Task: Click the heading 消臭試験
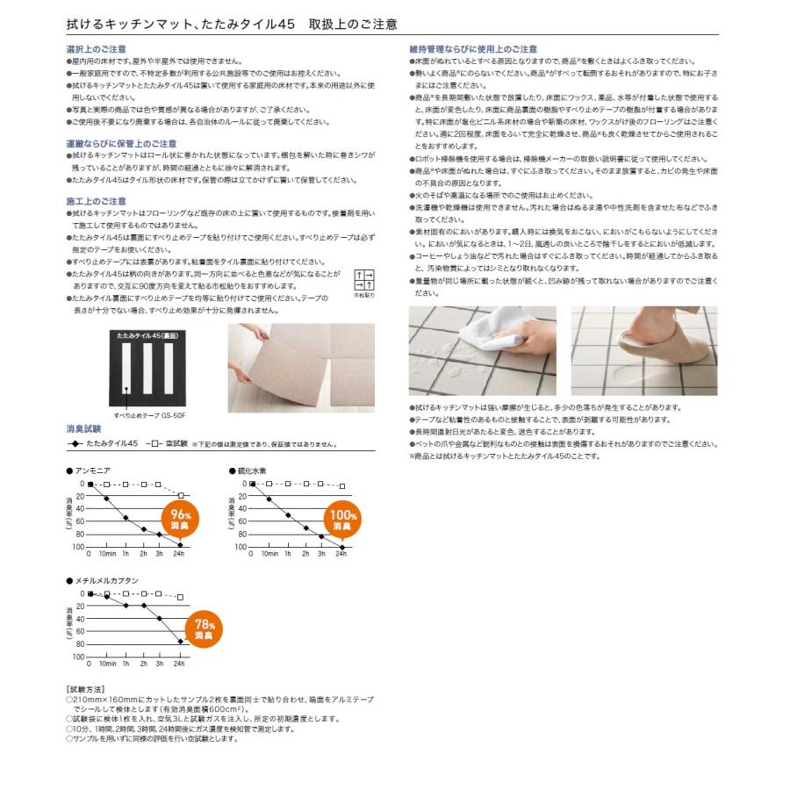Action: (x=83, y=429)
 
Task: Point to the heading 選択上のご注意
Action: (x=97, y=50)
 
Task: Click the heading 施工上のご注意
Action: (x=97, y=201)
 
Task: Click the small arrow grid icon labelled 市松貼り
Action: (x=363, y=281)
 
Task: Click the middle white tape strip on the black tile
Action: (x=148, y=369)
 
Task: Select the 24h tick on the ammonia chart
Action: (x=180, y=555)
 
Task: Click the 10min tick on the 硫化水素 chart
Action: (x=269, y=555)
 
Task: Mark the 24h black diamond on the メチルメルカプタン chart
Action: (x=180, y=643)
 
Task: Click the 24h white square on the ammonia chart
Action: (x=180, y=496)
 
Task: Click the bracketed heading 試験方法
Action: (x=86, y=691)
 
